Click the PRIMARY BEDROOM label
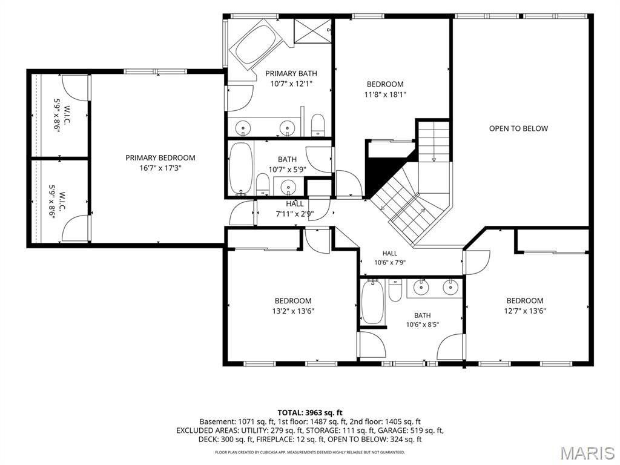(160, 158)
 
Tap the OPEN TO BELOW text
(518, 128)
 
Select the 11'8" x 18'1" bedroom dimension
(385, 94)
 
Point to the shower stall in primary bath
(313, 30)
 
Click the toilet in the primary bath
(317, 125)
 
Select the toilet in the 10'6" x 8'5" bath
(395, 291)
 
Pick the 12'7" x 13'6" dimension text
(525, 311)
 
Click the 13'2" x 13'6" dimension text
(293, 311)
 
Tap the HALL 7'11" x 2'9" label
(295, 209)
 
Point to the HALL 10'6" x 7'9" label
(390, 258)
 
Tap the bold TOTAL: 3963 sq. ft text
(309, 413)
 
